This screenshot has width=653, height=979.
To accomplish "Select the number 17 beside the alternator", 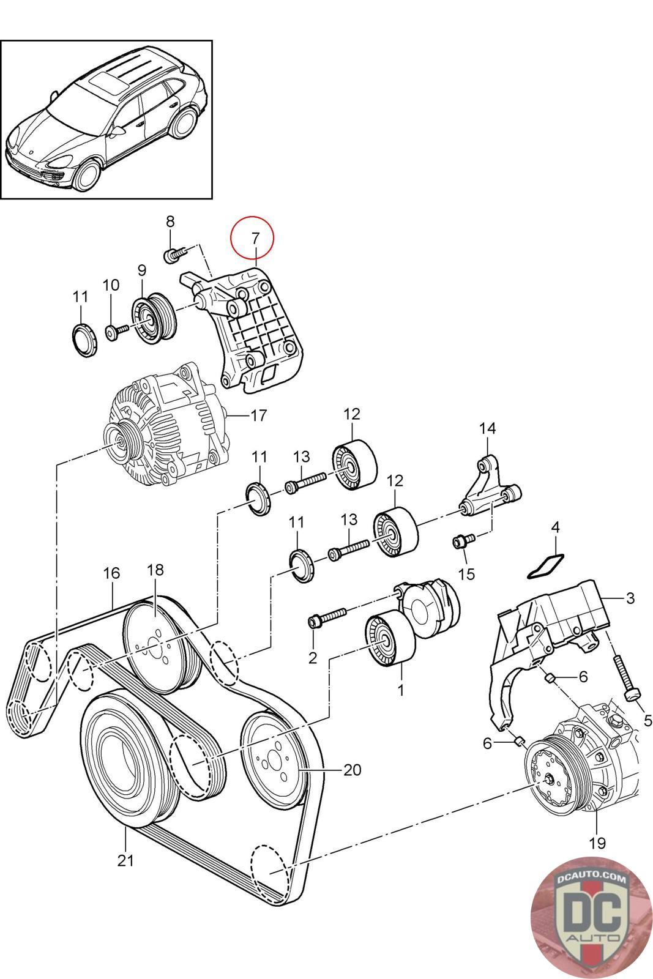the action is (258, 415).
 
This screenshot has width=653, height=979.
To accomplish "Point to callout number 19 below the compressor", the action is (597, 842).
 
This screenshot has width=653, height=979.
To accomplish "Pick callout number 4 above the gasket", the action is (554, 527).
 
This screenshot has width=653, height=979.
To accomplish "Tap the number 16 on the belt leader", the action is (111, 573).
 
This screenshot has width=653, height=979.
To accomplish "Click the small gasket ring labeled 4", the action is (547, 566).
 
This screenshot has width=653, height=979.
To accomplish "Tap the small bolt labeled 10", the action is (117, 333).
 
